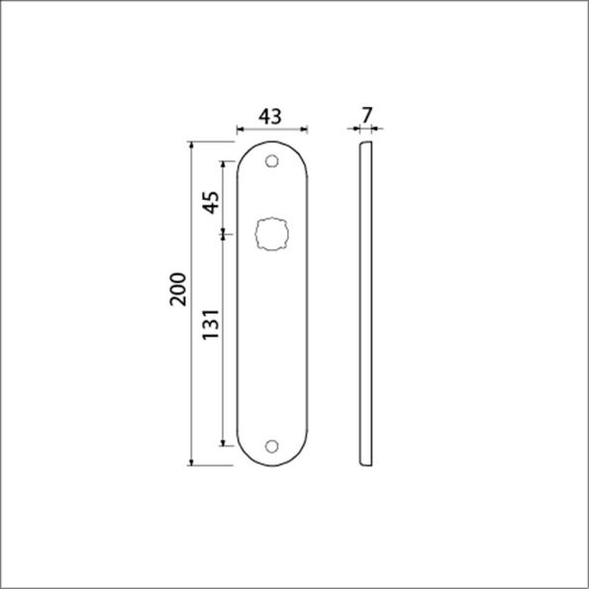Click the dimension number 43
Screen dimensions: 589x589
(270, 116)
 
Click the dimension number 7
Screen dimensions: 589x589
(367, 116)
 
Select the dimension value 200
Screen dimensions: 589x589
(178, 288)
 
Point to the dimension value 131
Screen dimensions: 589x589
(211, 325)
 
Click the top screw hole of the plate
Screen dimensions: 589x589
(272, 160)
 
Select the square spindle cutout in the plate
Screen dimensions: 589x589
(271, 235)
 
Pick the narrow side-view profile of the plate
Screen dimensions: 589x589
(363, 303)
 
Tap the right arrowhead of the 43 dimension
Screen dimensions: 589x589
(304, 129)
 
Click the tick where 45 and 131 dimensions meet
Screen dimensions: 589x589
(224, 234)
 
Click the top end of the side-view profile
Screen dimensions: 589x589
(364, 145)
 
